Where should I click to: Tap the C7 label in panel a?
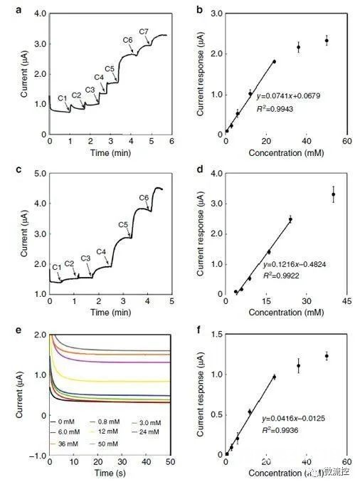(x=144, y=32)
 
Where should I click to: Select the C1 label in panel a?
(x=63, y=98)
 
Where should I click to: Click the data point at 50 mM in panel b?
(x=327, y=41)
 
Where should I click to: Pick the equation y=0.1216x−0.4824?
(x=287, y=261)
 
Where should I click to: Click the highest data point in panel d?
(x=333, y=194)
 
